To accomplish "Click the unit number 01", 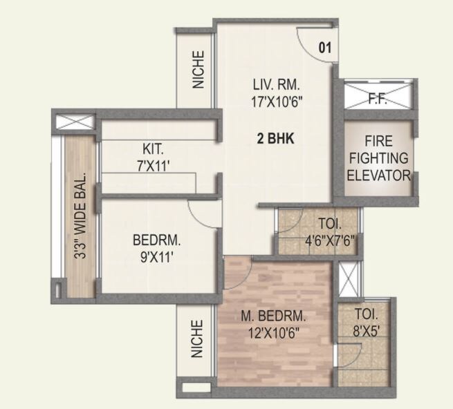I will click(325, 48).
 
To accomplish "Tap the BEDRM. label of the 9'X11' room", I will click(157, 241).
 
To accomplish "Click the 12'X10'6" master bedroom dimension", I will click(274, 332).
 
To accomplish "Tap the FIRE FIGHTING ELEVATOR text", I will click(378, 159).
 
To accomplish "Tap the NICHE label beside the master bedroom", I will click(198, 339).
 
